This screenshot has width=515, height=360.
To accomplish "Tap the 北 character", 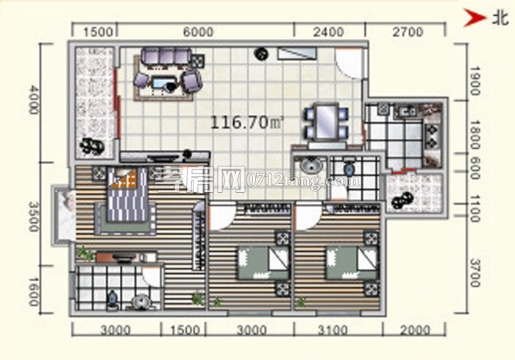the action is [x=500, y=18].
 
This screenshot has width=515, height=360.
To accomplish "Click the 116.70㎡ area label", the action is [x=246, y=122].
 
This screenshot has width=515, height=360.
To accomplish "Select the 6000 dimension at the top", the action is [x=199, y=32].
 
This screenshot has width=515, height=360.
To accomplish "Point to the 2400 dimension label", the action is [x=328, y=32].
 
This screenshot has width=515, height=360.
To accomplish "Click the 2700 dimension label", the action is [x=408, y=32].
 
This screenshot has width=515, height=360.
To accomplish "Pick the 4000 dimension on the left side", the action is [x=33, y=99].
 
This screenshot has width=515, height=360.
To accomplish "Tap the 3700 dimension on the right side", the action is [x=475, y=272].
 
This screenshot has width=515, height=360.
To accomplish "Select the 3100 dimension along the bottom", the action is [x=333, y=330].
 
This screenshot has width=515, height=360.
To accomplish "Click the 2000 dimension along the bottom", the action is [x=415, y=330].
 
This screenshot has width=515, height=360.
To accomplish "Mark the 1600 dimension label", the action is [x=33, y=292].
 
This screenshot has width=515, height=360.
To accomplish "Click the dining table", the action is [x=326, y=121].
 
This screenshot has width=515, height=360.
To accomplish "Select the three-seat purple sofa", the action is [x=166, y=57].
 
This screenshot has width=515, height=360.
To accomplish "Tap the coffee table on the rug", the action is [x=164, y=82].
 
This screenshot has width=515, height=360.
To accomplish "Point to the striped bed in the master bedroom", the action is [x=127, y=194].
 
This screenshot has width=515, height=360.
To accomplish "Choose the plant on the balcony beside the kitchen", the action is [x=402, y=200].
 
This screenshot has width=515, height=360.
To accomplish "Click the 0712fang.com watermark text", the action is [x=303, y=182].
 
